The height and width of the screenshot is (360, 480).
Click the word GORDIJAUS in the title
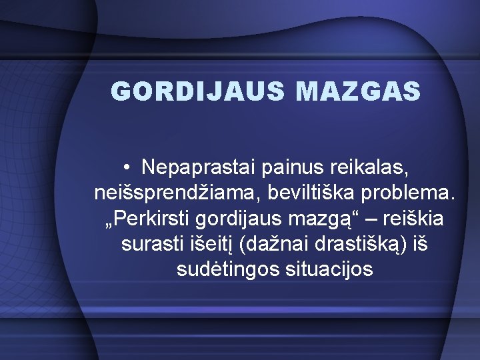[179, 91]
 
